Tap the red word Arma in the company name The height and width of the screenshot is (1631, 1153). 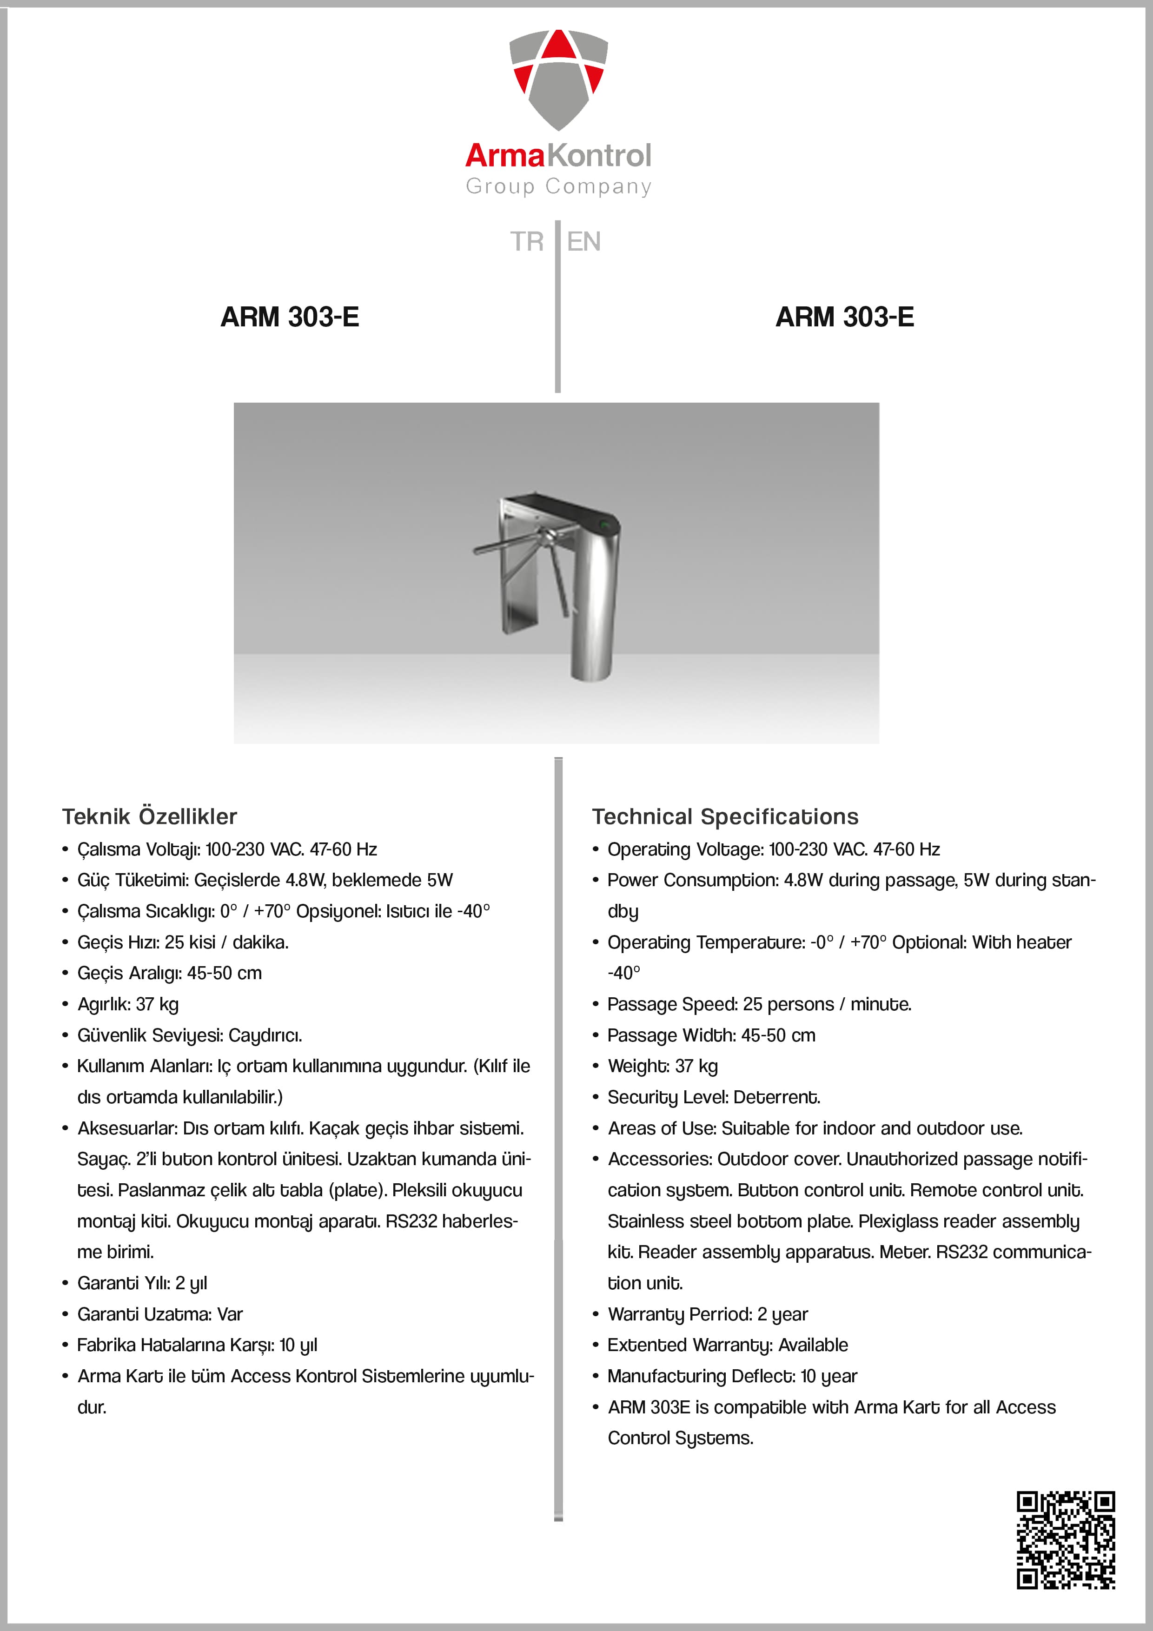click(x=504, y=156)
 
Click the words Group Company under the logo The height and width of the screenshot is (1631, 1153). click(x=558, y=186)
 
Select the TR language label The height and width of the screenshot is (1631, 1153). click(x=526, y=241)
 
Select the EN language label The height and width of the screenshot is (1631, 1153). click(x=584, y=241)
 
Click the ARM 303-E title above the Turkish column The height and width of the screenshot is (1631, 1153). click(x=290, y=317)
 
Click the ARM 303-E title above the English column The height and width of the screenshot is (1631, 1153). click(x=845, y=317)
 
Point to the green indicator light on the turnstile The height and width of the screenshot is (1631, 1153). click(x=606, y=526)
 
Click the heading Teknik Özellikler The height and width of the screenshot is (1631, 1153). click(x=149, y=817)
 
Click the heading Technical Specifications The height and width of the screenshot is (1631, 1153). click(x=725, y=817)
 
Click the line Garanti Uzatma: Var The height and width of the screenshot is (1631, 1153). click(x=160, y=1314)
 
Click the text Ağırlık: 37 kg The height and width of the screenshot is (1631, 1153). click(x=128, y=1004)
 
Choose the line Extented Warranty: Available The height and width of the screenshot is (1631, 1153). click(x=728, y=1345)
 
